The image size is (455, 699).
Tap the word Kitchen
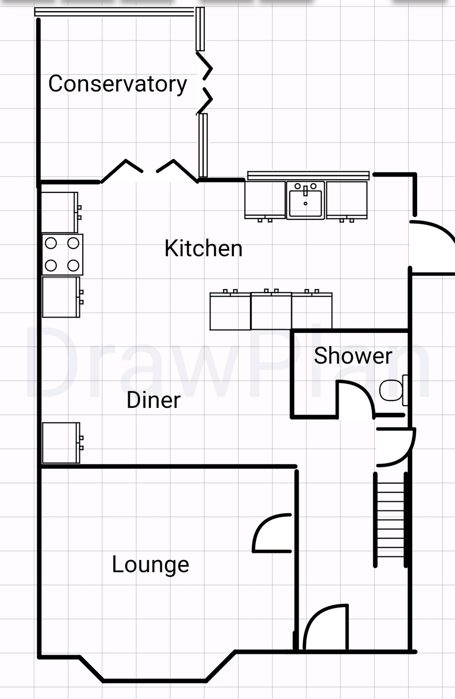click(203, 248)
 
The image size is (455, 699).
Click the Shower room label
click(353, 356)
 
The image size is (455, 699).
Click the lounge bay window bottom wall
click(154, 681)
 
